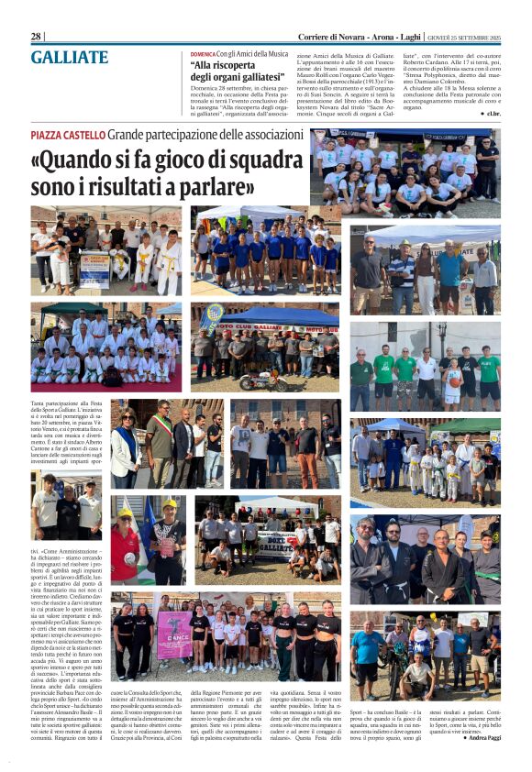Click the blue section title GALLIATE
pyautogui.click(x=69, y=57)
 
